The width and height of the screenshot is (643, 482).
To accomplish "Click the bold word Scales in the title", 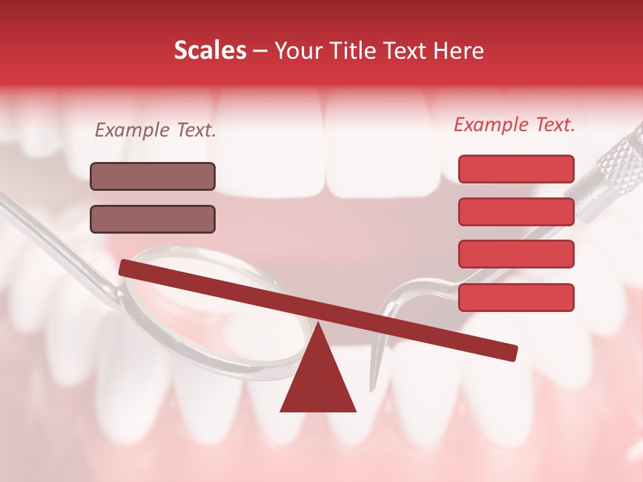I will coord(210,51).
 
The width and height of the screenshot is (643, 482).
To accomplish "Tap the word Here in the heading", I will coord(458,51).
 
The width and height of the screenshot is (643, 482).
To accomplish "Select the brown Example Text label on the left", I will coord(155,131).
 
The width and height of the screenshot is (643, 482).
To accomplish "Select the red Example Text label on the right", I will coord(514,125).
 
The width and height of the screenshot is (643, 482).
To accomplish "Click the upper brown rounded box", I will coord(153,176).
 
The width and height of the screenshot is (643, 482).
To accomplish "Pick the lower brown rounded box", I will coord(153,219).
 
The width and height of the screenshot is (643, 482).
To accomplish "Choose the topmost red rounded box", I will coord(516,169).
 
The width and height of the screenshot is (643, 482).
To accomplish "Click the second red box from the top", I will coord(516,212).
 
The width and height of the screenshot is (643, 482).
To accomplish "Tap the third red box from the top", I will coord(516,254).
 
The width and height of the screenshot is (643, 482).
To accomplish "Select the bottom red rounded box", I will coord(516,297).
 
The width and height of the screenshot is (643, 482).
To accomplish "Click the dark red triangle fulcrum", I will coord(317,375).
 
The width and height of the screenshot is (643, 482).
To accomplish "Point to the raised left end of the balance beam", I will coord(127,267).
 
